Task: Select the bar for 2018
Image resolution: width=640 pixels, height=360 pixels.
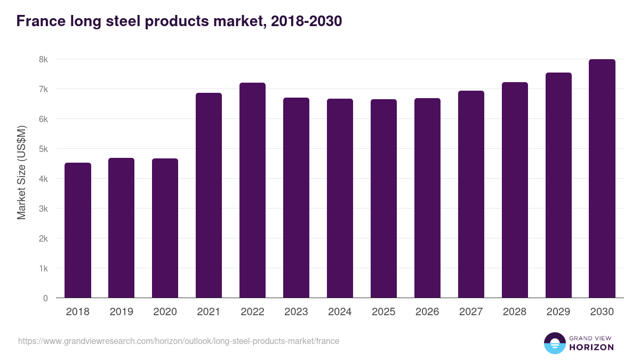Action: tap(78, 230)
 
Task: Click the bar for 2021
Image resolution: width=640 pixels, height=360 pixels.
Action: tap(209, 195)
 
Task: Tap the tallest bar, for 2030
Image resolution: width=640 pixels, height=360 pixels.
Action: tap(602, 179)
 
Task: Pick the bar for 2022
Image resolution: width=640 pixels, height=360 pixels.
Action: tap(252, 190)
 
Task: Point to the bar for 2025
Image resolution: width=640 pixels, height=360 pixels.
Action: tap(383, 198)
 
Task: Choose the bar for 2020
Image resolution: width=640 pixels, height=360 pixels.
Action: tap(165, 228)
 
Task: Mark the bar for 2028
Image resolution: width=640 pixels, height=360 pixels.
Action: tap(515, 190)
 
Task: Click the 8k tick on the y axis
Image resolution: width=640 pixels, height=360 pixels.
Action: tap(44, 59)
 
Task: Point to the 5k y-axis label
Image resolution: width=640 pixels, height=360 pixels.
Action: tap(44, 149)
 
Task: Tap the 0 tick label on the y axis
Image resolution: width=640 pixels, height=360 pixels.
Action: tap(46, 298)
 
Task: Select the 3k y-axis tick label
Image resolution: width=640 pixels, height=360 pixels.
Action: tap(44, 209)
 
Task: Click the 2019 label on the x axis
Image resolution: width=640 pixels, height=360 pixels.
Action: tap(121, 312)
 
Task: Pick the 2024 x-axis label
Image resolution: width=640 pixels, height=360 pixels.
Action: tap(340, 312)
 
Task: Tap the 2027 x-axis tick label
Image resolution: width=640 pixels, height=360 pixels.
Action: tap(471, 312)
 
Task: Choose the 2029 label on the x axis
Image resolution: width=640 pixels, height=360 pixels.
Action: tap(558, 312)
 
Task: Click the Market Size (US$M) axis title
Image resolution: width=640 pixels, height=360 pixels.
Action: tap(21, 173)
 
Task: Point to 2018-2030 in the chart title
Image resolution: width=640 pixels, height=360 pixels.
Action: tap(306, 21)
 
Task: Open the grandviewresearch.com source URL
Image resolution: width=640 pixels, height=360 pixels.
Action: tap(179, 341)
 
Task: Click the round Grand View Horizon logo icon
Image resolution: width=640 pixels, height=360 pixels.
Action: tap(554, 343)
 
